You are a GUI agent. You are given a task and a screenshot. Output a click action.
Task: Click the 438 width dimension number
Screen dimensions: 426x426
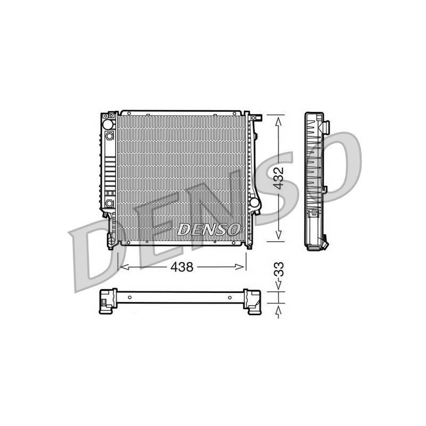182,267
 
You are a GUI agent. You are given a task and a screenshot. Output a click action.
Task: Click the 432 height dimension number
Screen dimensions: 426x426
278,178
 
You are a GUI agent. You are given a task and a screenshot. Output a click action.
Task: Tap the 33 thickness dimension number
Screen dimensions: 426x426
279,269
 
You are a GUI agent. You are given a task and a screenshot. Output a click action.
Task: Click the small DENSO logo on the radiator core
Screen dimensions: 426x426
209,230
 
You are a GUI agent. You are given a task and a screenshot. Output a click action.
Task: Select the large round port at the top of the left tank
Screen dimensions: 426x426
108,125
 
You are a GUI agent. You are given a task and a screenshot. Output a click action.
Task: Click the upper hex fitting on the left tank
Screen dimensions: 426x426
109,136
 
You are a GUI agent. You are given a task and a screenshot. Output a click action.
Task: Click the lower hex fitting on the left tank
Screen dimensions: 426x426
109,203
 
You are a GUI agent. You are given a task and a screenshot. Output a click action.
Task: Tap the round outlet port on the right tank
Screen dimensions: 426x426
255,202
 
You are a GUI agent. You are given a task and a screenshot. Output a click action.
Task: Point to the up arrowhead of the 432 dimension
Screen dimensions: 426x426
278,122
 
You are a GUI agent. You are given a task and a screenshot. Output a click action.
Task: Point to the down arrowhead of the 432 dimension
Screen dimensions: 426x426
278,235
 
